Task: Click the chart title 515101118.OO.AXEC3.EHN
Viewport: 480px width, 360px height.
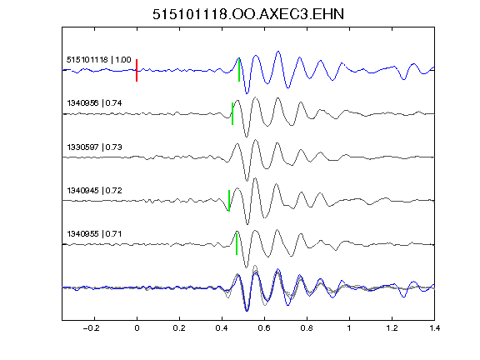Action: [x=248, y=14]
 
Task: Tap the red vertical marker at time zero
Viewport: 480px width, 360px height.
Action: [x=137, y=70]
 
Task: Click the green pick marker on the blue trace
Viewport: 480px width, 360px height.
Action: [x=239, y=70]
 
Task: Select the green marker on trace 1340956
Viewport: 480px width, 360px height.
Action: [x=232, y=113]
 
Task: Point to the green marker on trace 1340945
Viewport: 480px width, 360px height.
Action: [x=229, y=201]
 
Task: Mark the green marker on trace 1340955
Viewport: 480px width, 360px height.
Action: [x=237, y=244]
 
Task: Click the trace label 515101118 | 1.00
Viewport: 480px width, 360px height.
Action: [x=99, y=59]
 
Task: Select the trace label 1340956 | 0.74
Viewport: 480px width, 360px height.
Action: [x=94, y=103]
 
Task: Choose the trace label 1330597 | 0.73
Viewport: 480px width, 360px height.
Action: [x=94, y=147]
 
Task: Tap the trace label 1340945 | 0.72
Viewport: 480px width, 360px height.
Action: [x=94, y=191]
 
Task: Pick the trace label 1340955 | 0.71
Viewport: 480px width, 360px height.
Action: [x=94, y=234]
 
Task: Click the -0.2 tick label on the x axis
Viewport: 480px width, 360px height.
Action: [x=92, y=328]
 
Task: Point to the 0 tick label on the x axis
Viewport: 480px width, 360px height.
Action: [x=137, y=328]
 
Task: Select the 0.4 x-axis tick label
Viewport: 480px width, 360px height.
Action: [x=222, y=328]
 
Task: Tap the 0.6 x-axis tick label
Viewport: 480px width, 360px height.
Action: [x=264, y=328]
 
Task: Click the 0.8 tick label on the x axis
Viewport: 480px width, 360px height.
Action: [x=307, y=328]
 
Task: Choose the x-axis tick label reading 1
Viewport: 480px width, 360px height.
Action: [x=349, y=328]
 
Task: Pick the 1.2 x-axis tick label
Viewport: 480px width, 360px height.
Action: [x=392, y=328]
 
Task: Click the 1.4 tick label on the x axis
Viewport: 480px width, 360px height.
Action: [x=434, y=328]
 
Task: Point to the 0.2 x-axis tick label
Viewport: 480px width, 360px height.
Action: [x=179, y=328]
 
